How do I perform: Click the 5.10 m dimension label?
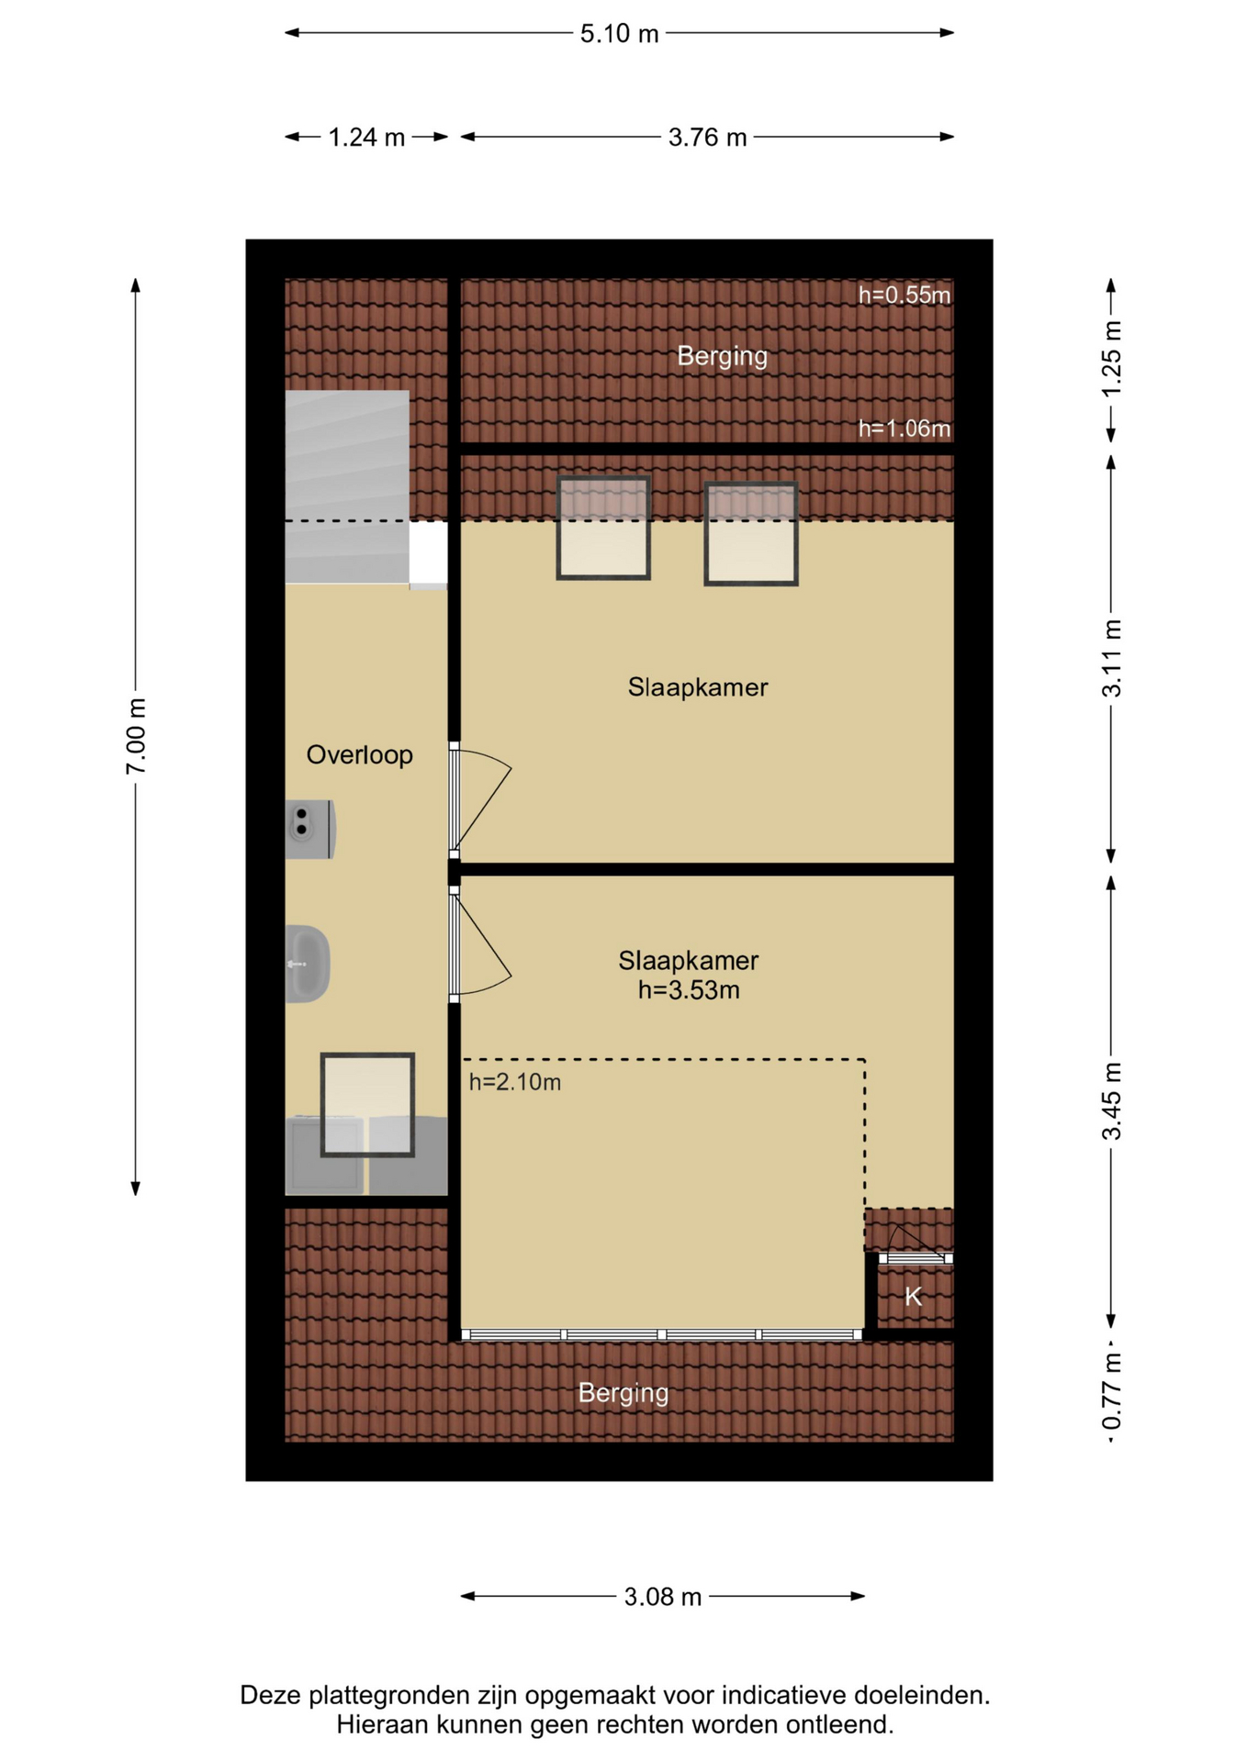619,34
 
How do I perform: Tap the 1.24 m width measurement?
366,138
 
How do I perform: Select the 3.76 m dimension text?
707,138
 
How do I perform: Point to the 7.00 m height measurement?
136,736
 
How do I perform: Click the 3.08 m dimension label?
663,1597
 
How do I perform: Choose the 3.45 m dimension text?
1111,1101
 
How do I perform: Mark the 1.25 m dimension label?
1111,359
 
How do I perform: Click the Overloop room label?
359,755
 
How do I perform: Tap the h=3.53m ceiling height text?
689,990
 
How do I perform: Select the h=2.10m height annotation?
515,1083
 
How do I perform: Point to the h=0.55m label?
904,296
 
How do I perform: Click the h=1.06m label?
904,429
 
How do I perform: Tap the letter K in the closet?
913,1297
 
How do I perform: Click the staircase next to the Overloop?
347,486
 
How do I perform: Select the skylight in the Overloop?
367,1105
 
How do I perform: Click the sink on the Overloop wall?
308,964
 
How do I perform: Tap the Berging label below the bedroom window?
623,1394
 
